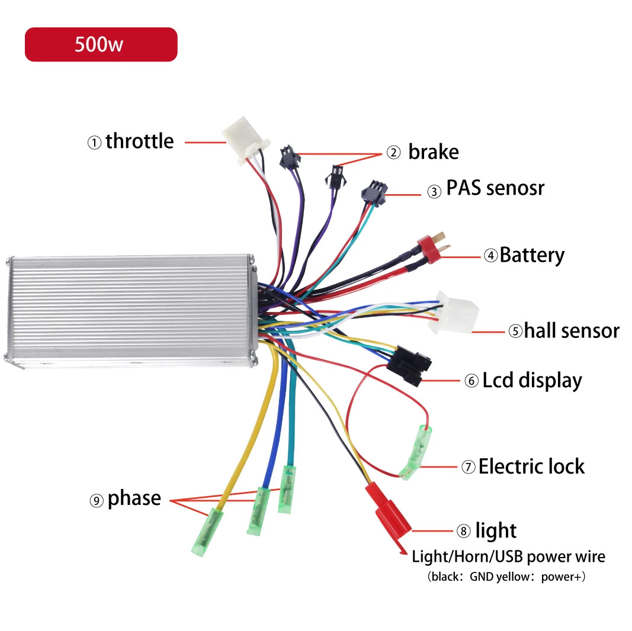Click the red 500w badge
101,44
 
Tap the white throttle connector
245,140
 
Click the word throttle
139,141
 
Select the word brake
434,152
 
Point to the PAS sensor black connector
374,192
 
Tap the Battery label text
532,255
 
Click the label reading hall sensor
572,331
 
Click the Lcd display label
532,381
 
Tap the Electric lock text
531,466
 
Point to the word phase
134,499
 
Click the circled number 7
469,467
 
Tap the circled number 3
434,191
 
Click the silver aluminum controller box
131,311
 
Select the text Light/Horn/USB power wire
508,557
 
